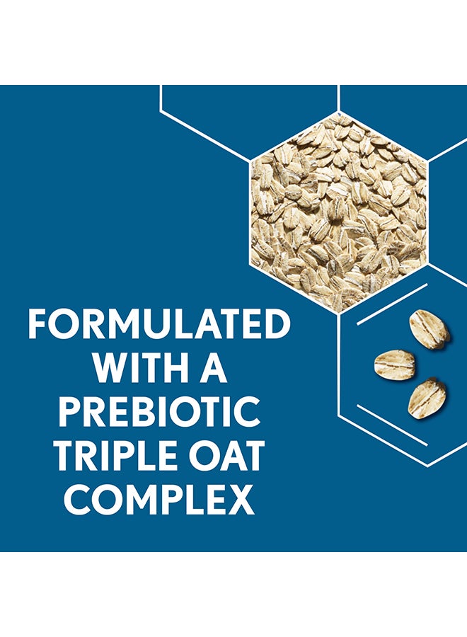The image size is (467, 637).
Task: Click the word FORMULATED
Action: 158,324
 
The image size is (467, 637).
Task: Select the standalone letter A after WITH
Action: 213,368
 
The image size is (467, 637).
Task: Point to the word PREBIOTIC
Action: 158,411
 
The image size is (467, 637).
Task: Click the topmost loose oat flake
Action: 429,330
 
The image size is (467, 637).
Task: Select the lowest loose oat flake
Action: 427,398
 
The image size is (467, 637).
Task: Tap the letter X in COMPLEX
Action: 241,499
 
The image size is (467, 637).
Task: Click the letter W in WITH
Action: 111,368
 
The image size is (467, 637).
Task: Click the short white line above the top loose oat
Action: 392,304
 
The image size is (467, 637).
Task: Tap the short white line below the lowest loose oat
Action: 392,425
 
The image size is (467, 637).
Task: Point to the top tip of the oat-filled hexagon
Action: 339,111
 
